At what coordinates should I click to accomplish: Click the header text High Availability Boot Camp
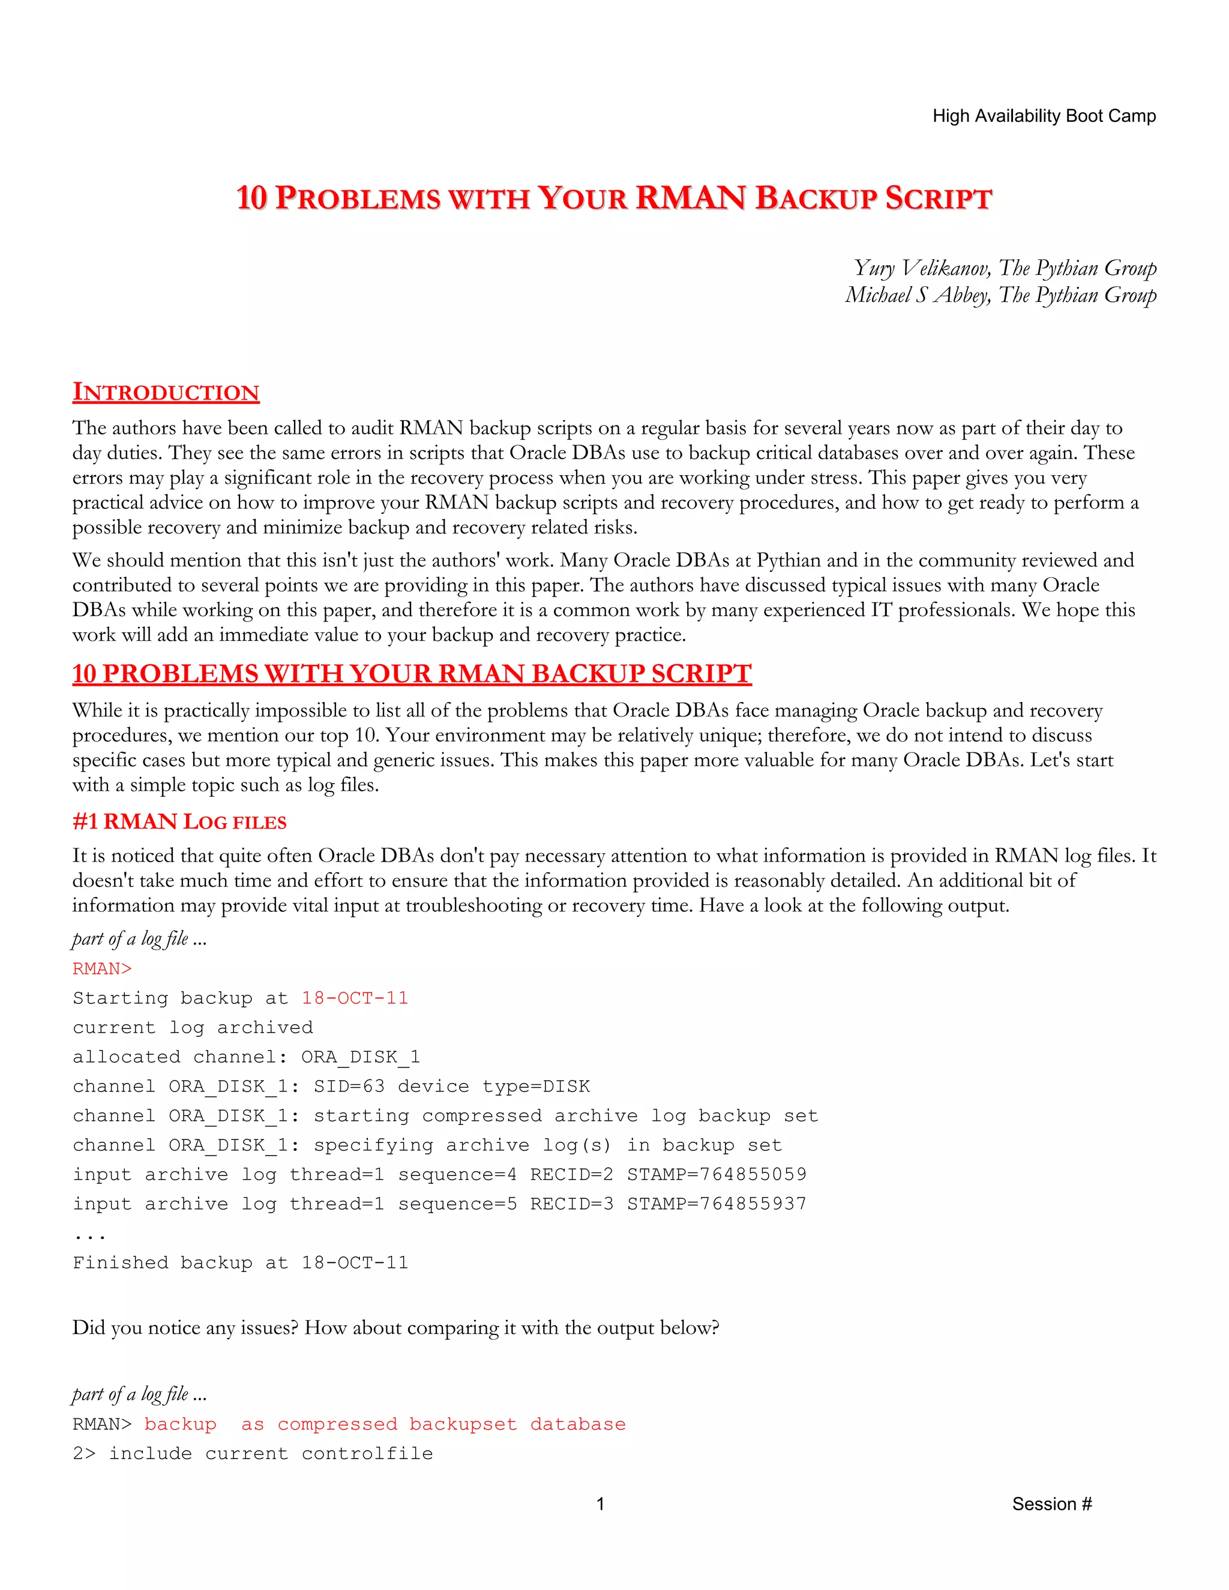(1044, 116)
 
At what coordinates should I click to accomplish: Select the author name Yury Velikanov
(921, 268)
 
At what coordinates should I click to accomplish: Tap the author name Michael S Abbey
(918, 295)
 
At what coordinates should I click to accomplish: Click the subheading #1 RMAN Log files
(179, 822)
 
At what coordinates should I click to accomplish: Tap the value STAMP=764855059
(717, 1174)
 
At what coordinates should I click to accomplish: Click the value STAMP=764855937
(717, 1204)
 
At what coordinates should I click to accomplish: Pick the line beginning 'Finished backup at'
(240, 1262)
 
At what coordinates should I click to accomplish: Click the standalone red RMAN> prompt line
(102, 968)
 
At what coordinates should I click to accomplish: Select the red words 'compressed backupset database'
(451, 1424)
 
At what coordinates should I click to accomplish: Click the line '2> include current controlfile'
(253, 1453)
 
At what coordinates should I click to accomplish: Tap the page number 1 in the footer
(600, 1504)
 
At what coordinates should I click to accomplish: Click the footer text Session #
(1051, 1504)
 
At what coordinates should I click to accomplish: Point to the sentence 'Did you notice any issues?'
(185, 1328)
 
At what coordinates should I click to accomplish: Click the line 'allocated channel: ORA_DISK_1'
(246, 1057)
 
